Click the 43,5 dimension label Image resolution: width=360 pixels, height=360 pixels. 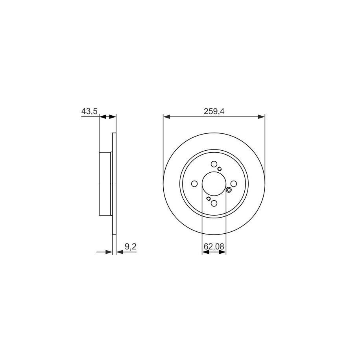[89, 111]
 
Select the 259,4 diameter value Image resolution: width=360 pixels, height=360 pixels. [214, 111]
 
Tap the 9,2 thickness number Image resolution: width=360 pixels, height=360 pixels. [131, 247]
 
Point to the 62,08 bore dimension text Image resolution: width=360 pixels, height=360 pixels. [214, 247]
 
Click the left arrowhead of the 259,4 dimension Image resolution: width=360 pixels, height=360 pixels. [166, 117]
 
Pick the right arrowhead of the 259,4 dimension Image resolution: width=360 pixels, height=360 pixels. [262, 117]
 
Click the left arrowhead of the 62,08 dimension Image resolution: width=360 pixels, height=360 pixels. [205, 252]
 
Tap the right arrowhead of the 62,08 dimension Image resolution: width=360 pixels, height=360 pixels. [223, 252]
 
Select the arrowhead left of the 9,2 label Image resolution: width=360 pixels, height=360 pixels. [109, 252]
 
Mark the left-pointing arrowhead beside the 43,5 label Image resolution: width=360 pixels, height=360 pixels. [103, 117]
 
